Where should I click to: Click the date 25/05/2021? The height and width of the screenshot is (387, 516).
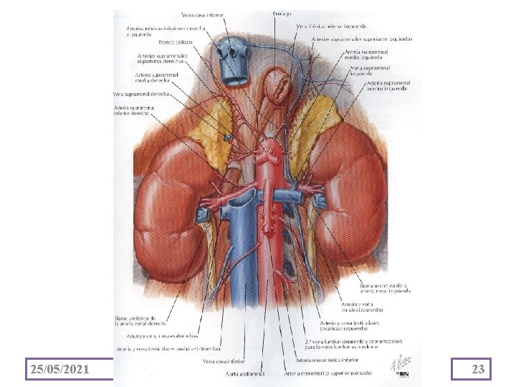[60, 369]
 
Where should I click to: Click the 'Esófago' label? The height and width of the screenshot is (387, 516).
[281, 13]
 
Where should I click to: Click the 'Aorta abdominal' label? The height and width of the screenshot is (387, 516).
[247, 373]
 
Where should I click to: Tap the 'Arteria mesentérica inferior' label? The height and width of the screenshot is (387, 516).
[326, 360]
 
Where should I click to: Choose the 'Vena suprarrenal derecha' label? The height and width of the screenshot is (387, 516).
[140, 94]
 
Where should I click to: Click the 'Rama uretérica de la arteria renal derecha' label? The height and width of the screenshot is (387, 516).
[144, 320]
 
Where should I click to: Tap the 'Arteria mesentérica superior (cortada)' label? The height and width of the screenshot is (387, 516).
[326, 373]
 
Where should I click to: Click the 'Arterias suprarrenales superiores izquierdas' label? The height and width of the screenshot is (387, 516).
[362, 38]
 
